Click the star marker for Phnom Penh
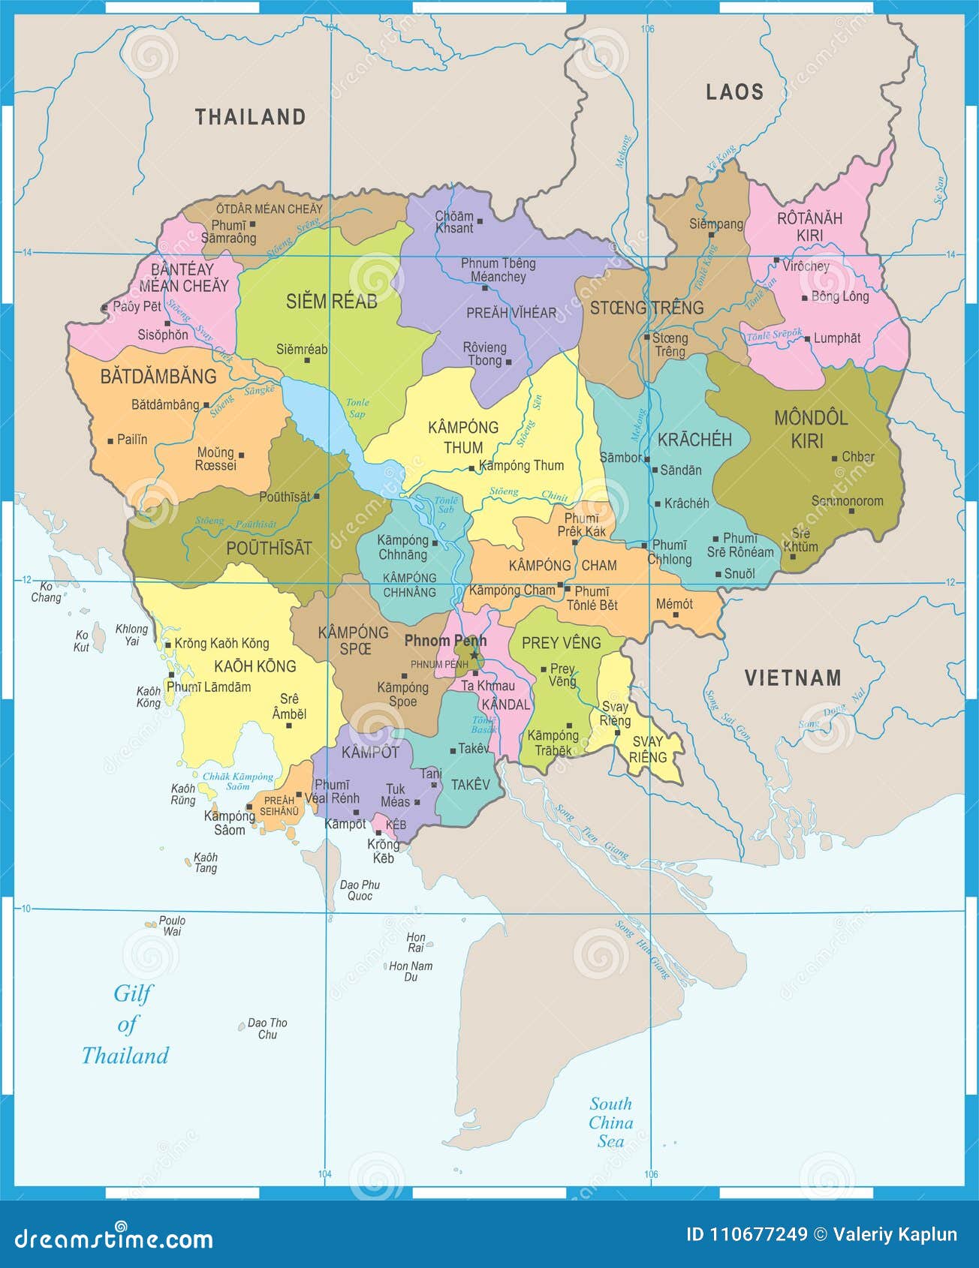[x=474, y=655]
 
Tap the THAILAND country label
[x=251, y=117]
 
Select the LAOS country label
[x=734, y=92]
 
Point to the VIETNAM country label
[x=793, y=678]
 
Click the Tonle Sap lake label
[x=357, y=408]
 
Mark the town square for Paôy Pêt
[x=105, y=308]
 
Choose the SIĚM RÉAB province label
[x=331, y=302]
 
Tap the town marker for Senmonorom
[x=851, y=511]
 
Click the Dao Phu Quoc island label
[x=360, y=890]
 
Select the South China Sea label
[x=610, y=1122]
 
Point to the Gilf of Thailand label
[x=126, y=1024]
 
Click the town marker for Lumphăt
[x=808, y=339]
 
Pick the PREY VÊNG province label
[x=561, y=643]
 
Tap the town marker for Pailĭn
[x=110, y=440]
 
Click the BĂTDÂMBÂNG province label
[x=158, y=376]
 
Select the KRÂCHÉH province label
[x=694, y=440]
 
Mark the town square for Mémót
[x=676, y=615]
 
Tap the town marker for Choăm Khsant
[x=480, y=221]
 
